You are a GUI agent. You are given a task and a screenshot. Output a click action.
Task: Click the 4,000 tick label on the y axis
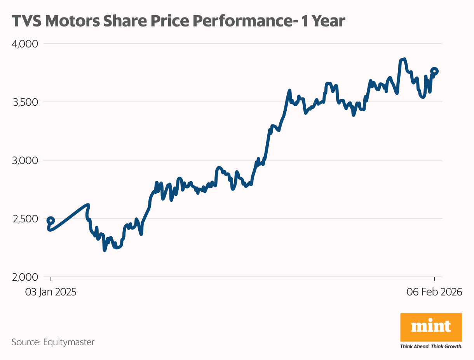pos(25,44)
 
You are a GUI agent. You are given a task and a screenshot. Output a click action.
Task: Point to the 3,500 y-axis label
pos(25,102)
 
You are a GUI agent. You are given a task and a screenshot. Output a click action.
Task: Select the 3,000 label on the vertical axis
pos(25,160)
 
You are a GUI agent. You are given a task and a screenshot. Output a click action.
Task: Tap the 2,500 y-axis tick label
pos(25,218)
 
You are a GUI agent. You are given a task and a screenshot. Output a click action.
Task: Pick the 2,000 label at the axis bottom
pos(25,277)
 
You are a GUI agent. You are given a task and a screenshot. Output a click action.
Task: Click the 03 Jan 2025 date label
pos(51,292)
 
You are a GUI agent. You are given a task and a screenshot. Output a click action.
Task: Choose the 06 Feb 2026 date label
pos(434,292)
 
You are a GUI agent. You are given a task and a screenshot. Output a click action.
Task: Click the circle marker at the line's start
pos(51,220)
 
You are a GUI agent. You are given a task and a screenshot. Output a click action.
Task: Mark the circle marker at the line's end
pos(434,71)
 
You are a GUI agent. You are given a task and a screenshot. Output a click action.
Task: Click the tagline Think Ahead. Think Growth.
pos(431,346)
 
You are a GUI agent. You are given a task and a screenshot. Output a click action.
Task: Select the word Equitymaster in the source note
pos(69,343)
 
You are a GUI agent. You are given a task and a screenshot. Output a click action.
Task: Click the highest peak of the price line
pos(404,59)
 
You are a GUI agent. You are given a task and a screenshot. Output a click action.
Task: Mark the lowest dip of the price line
pos(104,250)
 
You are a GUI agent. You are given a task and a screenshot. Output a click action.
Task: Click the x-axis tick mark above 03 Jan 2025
pos(51,279)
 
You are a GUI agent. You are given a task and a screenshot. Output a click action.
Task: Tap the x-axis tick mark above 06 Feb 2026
pos(434,279)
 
